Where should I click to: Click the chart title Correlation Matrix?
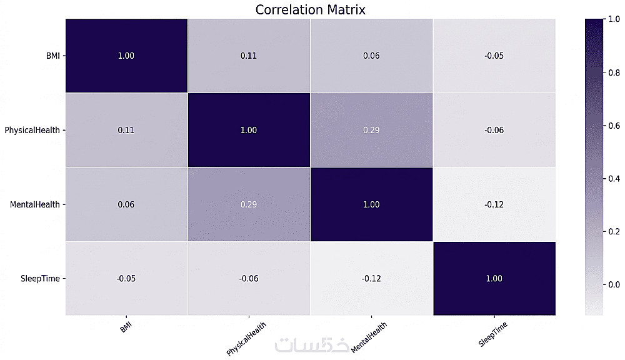pos(310,9)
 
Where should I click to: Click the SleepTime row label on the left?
pos(40,279)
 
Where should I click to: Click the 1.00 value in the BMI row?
pos(126,56)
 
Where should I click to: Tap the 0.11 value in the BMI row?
pos(249,56)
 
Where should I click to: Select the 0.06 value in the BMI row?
pos(371,56)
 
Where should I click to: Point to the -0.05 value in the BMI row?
pos(494,56)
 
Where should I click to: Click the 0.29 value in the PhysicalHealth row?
pos(371,130)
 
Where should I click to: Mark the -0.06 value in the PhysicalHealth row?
pos(494,130)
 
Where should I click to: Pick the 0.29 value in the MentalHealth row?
pos(249,204)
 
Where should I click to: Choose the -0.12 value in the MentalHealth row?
pos(494,204)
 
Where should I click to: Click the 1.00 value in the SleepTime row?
pos(494,279)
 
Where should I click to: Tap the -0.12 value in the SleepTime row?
pos(371,279)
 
